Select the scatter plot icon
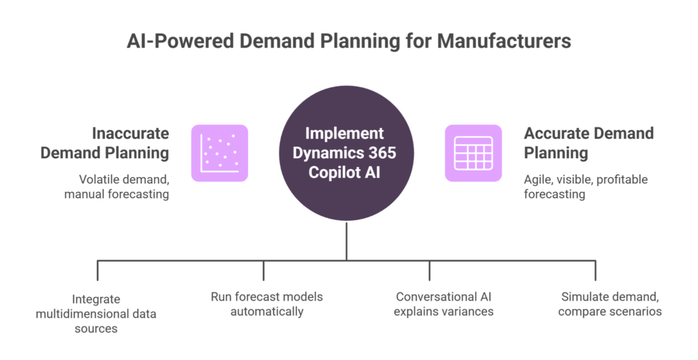point(219,153)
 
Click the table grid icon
point(473,153)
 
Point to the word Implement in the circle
point(344,134)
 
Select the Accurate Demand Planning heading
point(588,143)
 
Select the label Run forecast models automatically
point(266,304)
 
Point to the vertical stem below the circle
point(346,241)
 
